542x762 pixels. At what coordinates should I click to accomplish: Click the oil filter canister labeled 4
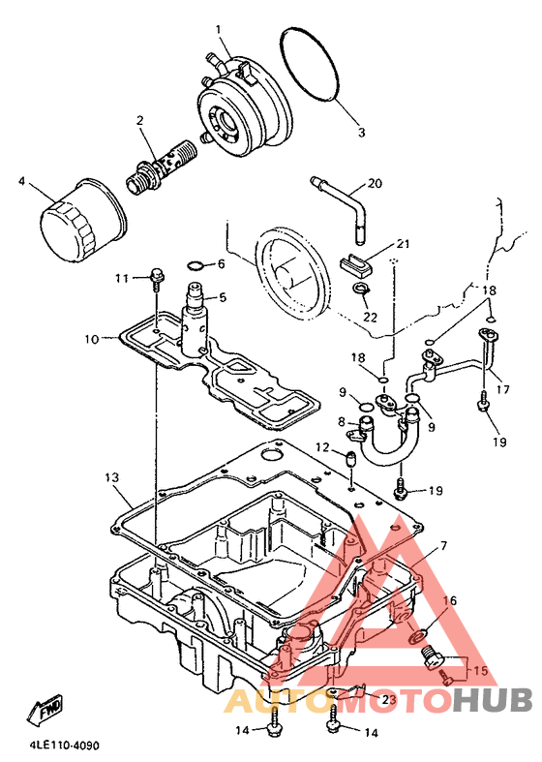[81, 222]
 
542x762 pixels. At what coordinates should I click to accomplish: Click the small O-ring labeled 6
[196, 265]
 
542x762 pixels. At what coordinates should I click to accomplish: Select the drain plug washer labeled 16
[417, 635]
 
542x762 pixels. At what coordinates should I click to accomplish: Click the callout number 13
[111, 477]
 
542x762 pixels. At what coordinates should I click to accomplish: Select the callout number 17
[503, 389]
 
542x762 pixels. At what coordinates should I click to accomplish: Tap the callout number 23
[389, 700]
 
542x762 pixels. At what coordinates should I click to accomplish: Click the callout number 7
[443, 546]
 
